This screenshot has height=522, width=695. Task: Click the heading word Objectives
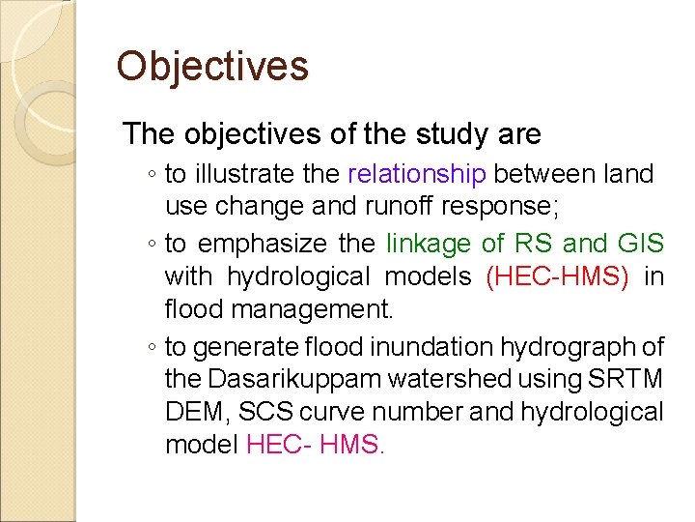pos(212,67)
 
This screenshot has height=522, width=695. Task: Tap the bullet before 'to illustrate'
pos(153,175)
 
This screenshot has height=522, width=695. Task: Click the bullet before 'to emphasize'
pos(153,246)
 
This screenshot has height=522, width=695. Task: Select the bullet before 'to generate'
pos(153,347)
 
